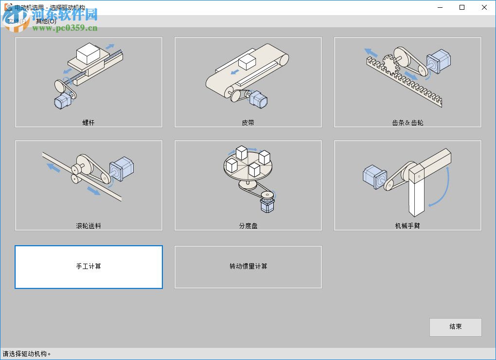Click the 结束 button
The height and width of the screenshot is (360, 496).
pos(455,327)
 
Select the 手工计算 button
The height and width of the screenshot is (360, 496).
pos(89,267)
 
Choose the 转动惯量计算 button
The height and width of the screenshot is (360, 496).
pos(248,267)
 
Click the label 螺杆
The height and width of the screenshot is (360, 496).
pos(89,123)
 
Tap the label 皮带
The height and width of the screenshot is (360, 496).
pos(248,123)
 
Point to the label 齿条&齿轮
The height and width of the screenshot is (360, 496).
pos(407,123)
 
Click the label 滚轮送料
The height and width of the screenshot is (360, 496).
pos(89,226)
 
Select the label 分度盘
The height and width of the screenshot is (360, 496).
pos(248,226)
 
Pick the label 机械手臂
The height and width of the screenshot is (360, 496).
pos(407,226)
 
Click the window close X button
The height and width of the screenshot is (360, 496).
pos(484,7)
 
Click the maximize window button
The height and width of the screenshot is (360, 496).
pos(462,7)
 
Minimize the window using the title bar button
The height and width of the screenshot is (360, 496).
pos(440,7)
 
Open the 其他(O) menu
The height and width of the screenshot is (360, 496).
pos(46,21)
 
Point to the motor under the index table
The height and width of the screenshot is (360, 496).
pos(268,202)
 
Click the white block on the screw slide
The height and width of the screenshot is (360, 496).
pos(88,53)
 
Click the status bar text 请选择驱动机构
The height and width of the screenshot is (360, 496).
pos(27,354)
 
